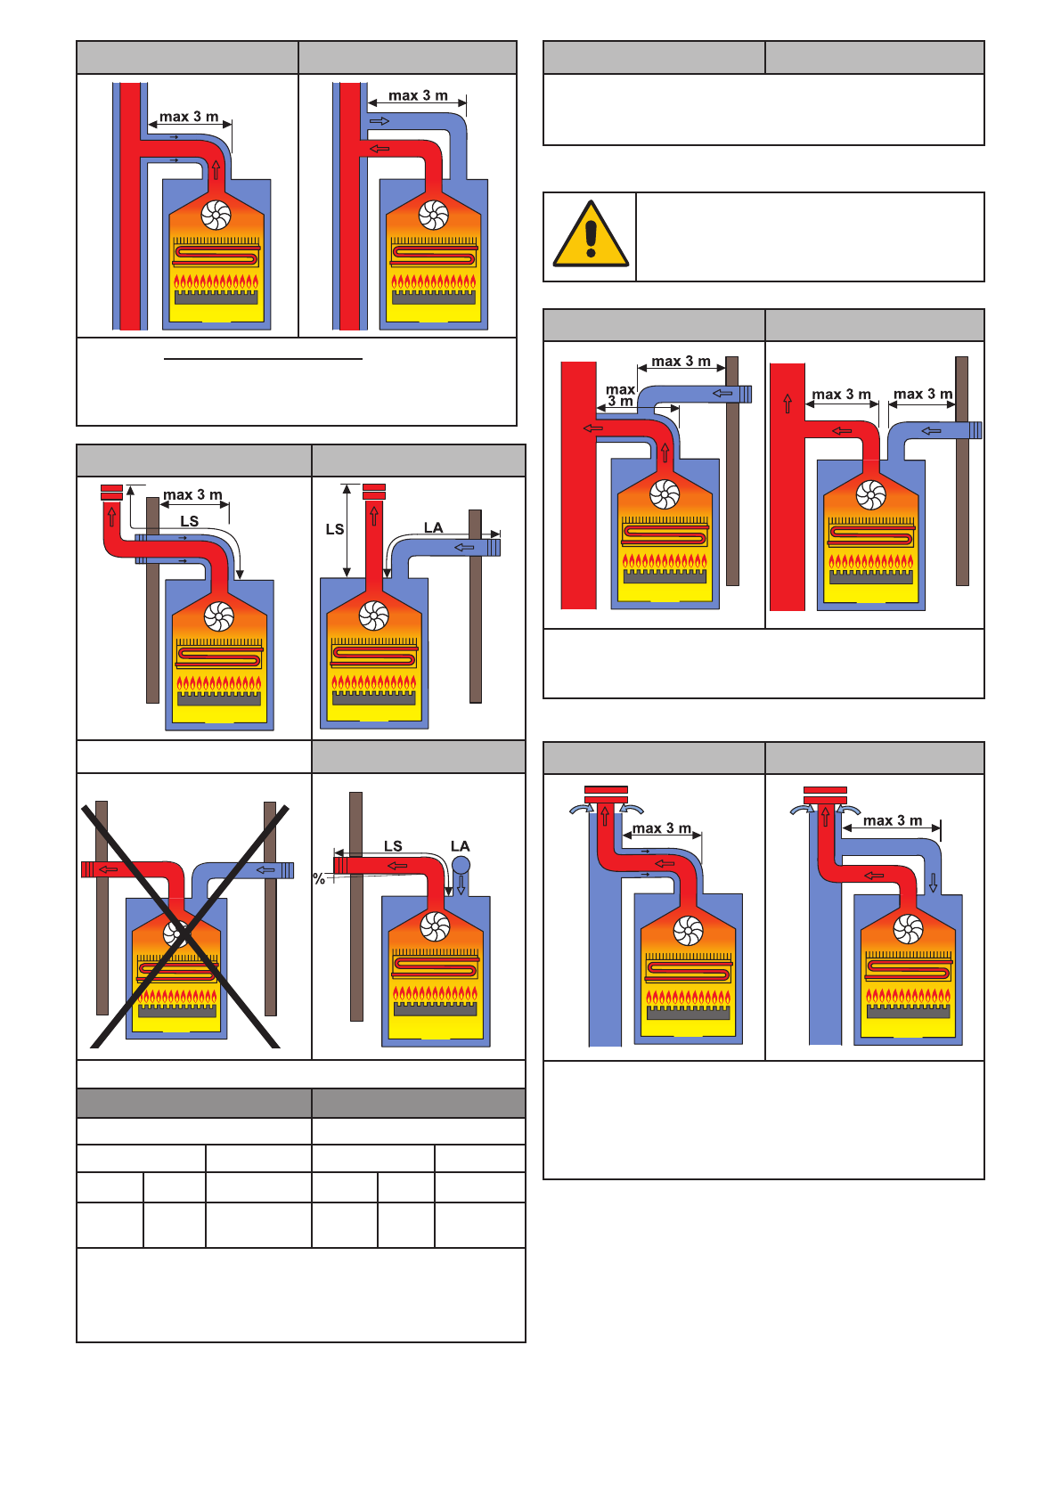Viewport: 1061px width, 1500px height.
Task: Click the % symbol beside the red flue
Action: [319, 879]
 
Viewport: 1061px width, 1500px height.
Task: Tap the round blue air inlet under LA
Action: [461, 865]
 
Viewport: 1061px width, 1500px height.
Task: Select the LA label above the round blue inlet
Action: [460, 846]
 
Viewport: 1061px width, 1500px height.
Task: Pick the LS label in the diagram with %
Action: [393, 846]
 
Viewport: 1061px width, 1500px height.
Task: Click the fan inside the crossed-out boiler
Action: [176, 933]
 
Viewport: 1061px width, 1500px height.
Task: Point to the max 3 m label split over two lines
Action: [620, 395]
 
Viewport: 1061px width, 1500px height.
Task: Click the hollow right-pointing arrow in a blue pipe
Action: [380, 120]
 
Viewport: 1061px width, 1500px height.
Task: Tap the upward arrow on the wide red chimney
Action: [788, 403]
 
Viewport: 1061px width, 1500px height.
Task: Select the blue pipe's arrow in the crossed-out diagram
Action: [265, 869]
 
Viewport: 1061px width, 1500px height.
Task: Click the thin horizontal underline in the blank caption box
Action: [264, 359]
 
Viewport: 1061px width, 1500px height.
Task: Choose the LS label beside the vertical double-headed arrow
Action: [334, 529]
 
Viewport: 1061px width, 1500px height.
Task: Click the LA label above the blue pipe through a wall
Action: [433, 527]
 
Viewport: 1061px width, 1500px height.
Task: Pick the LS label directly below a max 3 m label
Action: [189, 521]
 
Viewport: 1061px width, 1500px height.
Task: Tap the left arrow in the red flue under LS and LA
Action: [397, 865]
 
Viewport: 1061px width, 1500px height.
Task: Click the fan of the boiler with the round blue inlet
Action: [435, 926]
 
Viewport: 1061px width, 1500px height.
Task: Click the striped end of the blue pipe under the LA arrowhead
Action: [493, 547]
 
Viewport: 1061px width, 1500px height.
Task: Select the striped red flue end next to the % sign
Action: [339, 864]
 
